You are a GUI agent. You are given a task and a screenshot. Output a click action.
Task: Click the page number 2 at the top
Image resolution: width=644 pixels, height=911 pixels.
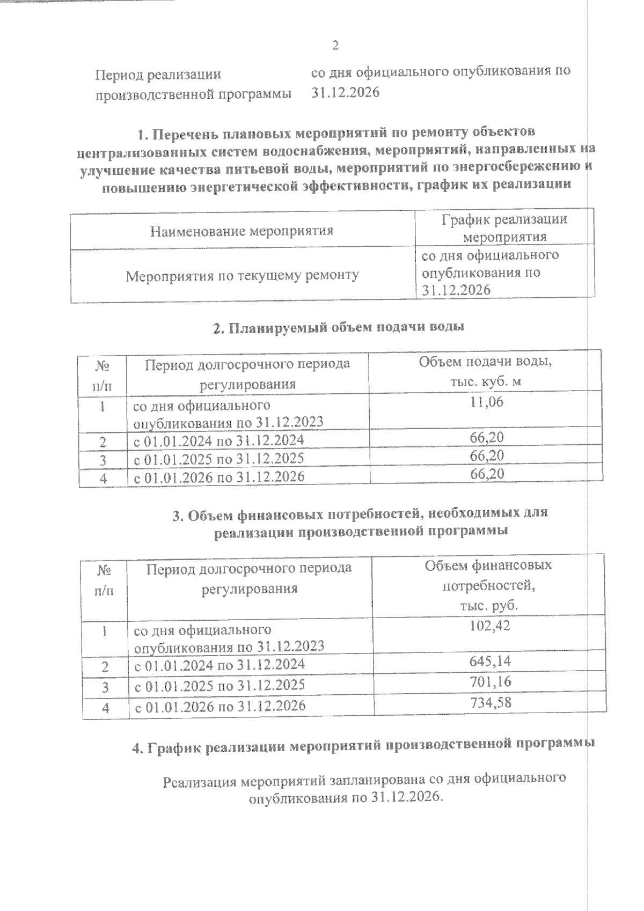[x=335, y=46]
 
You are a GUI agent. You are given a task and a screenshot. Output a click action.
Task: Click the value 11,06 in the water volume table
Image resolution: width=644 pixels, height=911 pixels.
[x=487, y=402]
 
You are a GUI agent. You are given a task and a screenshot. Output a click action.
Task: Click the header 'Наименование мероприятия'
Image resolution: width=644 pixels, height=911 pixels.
[x=241, y=231]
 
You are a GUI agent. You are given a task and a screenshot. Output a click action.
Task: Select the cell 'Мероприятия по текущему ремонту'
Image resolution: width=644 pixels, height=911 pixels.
[x=243, y=276]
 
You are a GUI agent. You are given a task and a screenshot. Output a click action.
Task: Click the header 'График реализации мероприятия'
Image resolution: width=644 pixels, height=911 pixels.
[x=504, y=228]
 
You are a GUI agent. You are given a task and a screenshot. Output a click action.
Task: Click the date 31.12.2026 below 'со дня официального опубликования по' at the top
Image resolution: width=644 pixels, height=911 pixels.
[x=346, y=92]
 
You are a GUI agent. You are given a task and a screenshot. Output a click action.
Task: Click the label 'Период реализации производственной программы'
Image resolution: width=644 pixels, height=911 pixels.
[x=193, y=84]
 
